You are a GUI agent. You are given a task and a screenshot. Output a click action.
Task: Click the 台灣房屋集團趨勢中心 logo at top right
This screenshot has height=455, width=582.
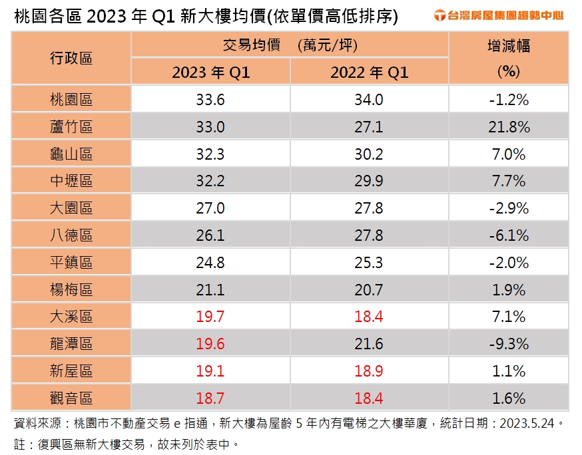coord(498,15)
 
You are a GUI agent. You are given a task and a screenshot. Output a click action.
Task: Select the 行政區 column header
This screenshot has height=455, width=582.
coord(71,58)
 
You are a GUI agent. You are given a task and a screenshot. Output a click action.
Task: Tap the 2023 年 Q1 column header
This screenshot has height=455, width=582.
coord(210,73)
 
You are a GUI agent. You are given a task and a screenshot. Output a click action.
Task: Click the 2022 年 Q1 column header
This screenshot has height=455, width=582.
coord(369,73)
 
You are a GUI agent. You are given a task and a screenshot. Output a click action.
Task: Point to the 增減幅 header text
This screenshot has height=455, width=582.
coord(508,47)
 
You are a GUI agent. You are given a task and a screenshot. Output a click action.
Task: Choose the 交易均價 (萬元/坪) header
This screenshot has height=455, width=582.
coord(290,45)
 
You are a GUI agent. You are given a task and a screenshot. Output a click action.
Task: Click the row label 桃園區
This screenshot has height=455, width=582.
coord(71,100)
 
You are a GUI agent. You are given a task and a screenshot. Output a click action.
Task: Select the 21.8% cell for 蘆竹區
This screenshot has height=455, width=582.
coord(508,127)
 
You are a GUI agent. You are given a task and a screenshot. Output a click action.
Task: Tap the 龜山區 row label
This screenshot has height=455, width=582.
coord(71,154)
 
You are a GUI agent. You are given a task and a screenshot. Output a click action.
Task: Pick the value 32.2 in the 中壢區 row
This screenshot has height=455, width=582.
coord(210,181)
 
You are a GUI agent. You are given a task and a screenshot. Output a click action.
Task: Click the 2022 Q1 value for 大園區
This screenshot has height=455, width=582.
coord(369,208)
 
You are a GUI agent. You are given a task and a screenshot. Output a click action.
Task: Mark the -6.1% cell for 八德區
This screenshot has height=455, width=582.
coord(508,235)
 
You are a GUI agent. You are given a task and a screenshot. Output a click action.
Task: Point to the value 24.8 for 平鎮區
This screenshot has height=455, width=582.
coord(210,263)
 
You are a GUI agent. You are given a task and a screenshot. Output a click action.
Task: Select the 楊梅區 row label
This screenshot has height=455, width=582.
coord(71,290)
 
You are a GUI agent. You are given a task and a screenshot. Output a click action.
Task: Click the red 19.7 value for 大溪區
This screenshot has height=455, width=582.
coord(210,317)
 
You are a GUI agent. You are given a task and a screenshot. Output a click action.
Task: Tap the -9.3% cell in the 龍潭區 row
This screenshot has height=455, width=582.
coord(508,344)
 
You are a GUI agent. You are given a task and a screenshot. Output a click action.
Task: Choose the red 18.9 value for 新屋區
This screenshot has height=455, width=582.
coord(369,371)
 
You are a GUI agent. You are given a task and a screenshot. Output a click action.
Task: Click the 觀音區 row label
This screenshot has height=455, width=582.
coord(71,398)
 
